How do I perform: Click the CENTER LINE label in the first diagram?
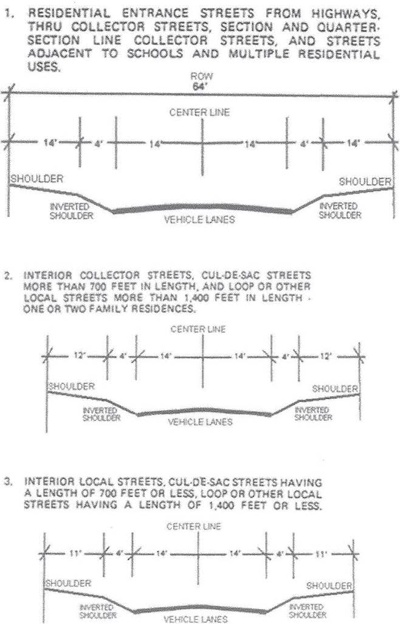click(x=200, y=112)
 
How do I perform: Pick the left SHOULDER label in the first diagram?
click(x=35, y=179)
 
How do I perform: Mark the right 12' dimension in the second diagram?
click(x=326, y=356)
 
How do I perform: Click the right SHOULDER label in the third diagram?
click(x=329, y=585)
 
